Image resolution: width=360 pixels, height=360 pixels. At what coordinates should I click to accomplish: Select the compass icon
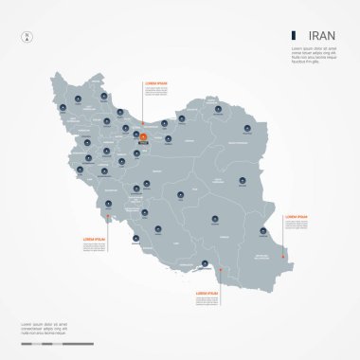27,38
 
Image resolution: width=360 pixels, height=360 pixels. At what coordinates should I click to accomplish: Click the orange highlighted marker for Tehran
143,137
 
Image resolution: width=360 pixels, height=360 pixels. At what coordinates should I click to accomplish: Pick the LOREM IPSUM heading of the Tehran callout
157,83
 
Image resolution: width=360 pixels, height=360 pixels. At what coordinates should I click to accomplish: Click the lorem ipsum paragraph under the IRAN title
315,56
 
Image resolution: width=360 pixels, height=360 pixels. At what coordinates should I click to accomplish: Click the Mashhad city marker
247,123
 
